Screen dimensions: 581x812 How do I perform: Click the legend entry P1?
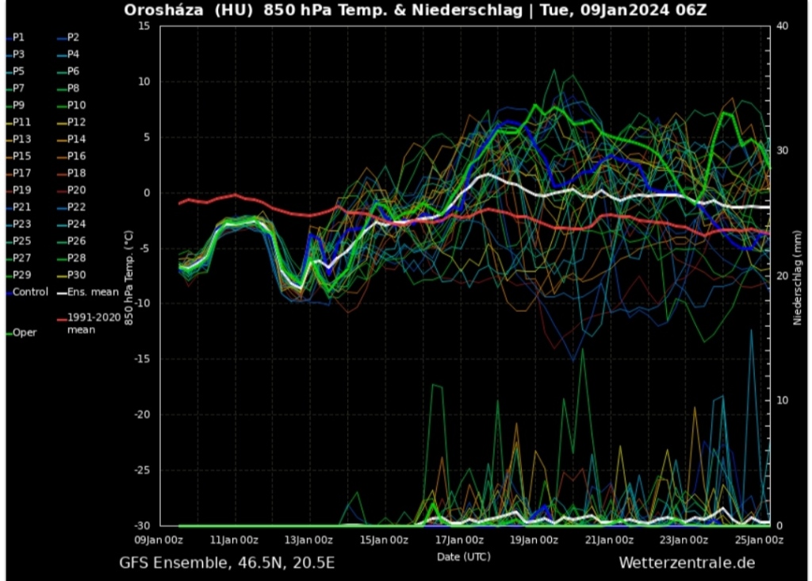[x=19, y=37]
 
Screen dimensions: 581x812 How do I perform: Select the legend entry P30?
[x=76, y=275]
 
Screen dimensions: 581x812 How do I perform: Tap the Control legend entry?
[x=30, y=292]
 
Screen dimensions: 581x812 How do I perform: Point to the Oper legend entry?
[x=25, y=333]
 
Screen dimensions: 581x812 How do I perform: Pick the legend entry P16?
[x=76, y=156]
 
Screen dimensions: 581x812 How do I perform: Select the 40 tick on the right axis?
[x=781, y=26]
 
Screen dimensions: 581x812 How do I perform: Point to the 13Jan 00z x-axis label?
[x=308, y=541]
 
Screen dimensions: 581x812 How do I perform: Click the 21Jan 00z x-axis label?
[x=609, y=541]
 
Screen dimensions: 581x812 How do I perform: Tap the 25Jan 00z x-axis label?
[x=760, y=541]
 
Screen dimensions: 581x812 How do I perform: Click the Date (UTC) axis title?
[x=463, y=556]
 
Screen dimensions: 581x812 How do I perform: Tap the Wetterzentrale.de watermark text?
[x=687, y=563]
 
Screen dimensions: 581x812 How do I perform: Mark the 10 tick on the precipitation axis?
[x=781, y=400]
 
